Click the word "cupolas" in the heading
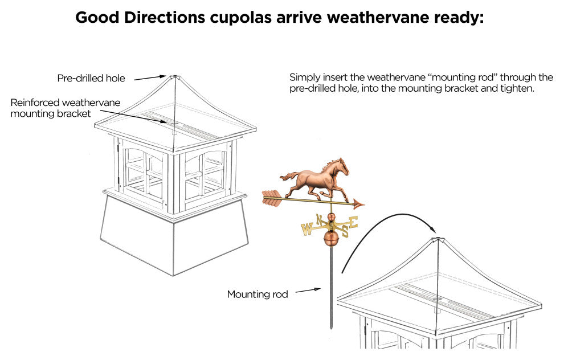coord(243,17)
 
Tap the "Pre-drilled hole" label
coord(91,78)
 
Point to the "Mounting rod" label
coord(258,294)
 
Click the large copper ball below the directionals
coord(330,239)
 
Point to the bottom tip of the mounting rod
coord(331,328)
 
